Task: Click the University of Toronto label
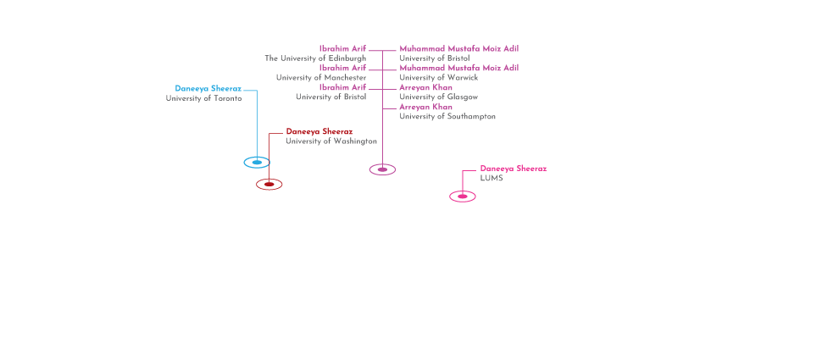203,98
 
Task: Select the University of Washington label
330,141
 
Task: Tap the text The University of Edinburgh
314,58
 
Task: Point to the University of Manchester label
320,78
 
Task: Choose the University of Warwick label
438,78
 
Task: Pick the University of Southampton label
447,116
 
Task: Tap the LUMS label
492,178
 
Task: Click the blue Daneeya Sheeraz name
208,88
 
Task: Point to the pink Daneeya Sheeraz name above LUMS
513,169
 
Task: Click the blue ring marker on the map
257,162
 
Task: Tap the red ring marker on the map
269,184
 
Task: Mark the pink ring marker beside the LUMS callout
463,197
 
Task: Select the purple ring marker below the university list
382,169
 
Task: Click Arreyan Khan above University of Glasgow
425,88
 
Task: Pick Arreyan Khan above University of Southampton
425,107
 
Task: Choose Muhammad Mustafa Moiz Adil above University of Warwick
458,68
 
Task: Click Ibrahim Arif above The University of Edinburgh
342,49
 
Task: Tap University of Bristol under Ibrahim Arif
330,97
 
